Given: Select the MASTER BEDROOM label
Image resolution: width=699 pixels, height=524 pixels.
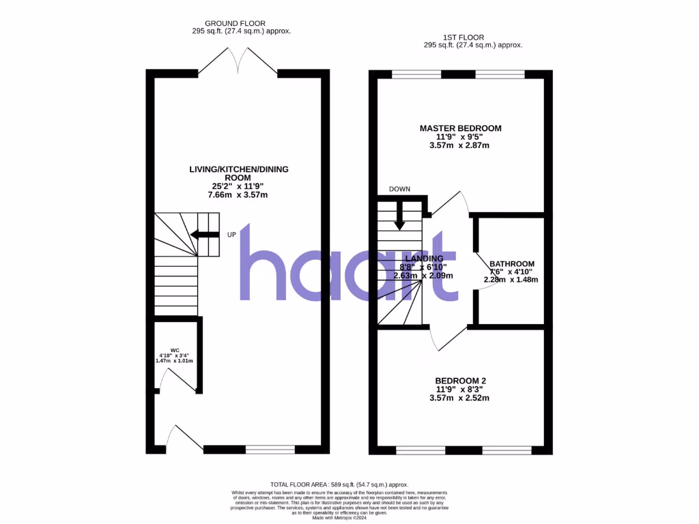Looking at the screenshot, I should click(x=460, y=128).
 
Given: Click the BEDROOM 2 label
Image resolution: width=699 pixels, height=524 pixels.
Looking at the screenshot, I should click(x=460, y=381).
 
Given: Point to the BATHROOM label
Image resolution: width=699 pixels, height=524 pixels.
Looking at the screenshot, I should click(x=511, y=264).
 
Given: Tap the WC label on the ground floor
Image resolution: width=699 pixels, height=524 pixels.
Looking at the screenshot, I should click(x=175, y=350).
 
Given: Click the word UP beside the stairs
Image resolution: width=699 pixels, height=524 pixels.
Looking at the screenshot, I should click(x=231, y=235).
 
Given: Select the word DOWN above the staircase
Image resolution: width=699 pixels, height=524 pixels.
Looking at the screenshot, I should click(x=399, y=189).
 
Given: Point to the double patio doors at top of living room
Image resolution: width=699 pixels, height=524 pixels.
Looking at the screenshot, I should click(x=238, y=61).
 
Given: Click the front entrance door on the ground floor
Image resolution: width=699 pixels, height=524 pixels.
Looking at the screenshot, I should click(x=184, y=437).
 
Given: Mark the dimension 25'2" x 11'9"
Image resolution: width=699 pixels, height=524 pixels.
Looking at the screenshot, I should click(x=237, y=186).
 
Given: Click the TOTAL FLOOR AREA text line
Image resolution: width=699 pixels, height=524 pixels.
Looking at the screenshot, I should click(x=349, y=484).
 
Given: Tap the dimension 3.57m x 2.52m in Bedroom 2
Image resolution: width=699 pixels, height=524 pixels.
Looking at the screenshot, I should click(x=460, y=398).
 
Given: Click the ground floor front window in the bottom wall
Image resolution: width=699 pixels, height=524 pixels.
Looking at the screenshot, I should click(x=270, y=450).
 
